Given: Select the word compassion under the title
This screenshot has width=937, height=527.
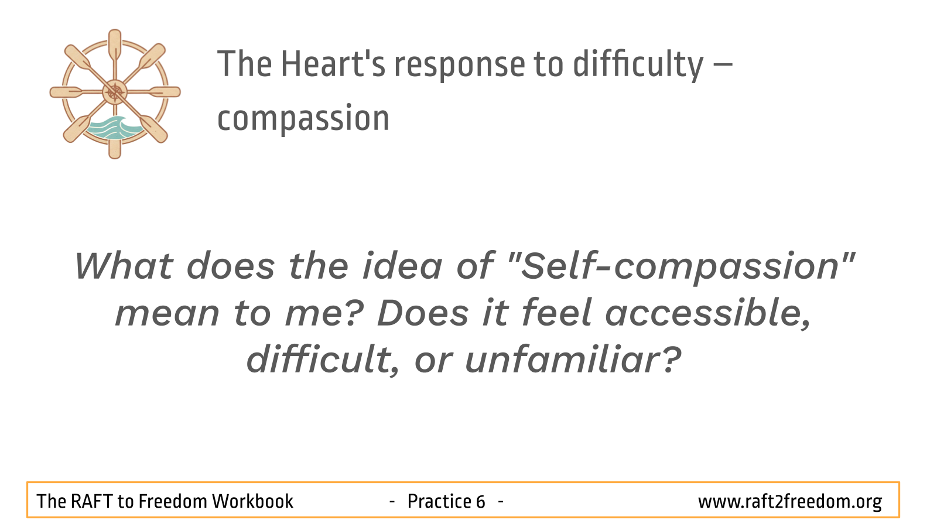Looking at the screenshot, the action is [303, 119].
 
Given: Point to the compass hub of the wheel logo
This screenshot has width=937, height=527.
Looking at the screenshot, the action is [115, 93].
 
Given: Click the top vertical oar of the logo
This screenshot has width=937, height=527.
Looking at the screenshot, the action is [115, 46].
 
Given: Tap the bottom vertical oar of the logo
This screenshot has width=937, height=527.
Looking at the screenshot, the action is [115, 144].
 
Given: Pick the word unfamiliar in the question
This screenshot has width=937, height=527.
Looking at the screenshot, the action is [573, 360].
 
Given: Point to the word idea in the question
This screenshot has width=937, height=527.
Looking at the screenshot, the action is [402, 266].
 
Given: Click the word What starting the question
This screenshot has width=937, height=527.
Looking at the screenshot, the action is [124, 266].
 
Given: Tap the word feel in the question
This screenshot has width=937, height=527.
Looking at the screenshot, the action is [556, 313].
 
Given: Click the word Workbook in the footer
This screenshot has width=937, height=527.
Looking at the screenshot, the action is [253, 501].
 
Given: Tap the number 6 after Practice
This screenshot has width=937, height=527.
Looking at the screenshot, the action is [480, 501].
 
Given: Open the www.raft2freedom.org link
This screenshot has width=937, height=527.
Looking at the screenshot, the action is [790, 502].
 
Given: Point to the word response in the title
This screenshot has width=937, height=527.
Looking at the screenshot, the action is [460, 66].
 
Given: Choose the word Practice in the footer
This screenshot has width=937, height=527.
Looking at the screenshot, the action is [440, 501].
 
